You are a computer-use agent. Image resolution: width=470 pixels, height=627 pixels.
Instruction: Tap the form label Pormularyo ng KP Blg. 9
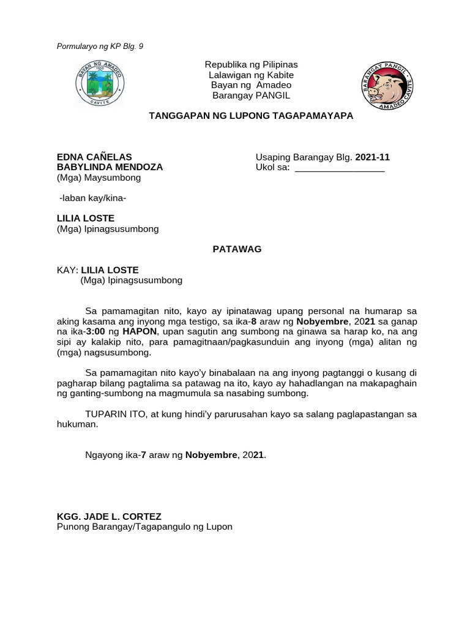tap(100, 46)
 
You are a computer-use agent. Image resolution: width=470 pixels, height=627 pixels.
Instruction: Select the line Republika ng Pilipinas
tap(251, 64)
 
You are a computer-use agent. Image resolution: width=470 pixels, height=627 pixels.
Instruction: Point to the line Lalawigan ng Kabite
tap(251, 75)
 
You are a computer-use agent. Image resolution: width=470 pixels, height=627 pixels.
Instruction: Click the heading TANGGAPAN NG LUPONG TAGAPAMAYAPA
tap(251, 115)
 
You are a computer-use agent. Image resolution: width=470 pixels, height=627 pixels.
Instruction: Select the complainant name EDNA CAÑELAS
tap(94, 157)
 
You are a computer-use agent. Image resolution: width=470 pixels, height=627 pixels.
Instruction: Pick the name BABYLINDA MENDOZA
tap(110, 167)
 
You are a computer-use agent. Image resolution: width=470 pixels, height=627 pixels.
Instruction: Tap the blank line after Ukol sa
tap(340, 168)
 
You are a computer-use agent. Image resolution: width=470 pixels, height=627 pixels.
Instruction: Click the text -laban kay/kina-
tap(92, 198)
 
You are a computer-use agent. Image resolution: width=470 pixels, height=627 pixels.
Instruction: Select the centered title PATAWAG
tap(237, 249)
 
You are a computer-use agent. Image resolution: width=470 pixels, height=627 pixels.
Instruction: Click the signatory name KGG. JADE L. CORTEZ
tap(109, 517)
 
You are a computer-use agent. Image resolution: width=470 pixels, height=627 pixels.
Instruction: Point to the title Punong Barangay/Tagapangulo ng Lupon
tap(144, 527)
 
